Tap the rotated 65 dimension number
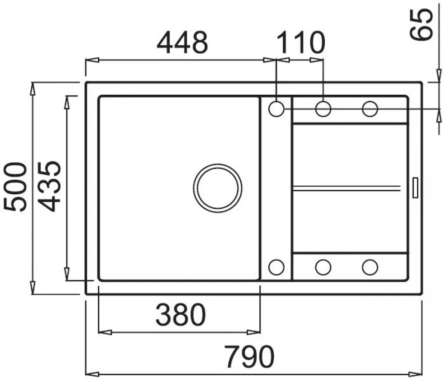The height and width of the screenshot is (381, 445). [x=421, y=24]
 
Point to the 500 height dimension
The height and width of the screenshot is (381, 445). [x=15, y=187]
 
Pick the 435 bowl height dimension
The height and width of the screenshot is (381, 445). [x=49, y=186]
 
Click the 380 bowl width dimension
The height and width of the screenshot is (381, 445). [x=181, y=315]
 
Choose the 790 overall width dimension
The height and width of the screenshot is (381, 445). [x=250, y=357]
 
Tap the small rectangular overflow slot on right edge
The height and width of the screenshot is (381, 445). [x=415, y=188]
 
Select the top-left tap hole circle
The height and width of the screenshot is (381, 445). [x=276, y=109]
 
